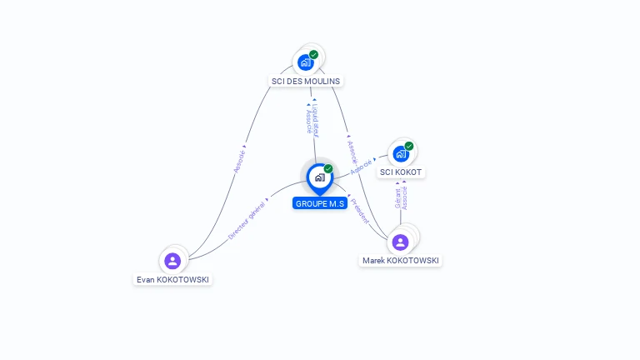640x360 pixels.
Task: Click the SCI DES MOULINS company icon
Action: (306, 62)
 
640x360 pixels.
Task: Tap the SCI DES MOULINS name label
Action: (306, 81)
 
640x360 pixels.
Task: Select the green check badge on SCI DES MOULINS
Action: (314, 54)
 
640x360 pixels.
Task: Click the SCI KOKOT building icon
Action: (401, 153)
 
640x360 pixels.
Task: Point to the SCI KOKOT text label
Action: (401, 172)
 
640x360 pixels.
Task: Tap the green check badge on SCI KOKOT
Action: (409, 146)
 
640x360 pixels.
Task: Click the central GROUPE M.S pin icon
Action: (319, 177)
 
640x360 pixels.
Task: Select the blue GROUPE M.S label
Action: (319, 203)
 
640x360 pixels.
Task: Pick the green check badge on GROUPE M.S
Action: (328, 168)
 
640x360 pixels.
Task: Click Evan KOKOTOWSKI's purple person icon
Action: (172, 261)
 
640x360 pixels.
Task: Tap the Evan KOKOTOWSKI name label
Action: (172, 280)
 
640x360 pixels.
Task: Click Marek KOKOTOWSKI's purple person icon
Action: (400, 242)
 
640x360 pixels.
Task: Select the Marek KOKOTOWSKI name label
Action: (401, 261)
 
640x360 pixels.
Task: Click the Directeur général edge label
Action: (247, 219)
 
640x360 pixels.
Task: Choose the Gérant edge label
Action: (397, 198)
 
